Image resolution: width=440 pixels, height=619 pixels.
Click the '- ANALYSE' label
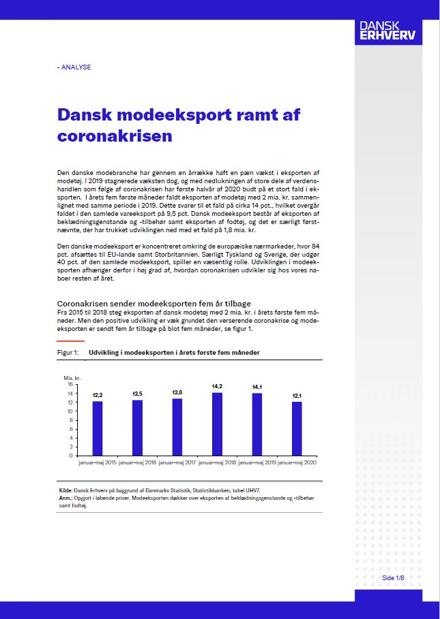74,67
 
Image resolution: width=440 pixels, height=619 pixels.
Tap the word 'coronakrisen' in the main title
115,136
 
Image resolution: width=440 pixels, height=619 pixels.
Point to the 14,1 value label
257,387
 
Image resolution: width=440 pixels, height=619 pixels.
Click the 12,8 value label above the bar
177,392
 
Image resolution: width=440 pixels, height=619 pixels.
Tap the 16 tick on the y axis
70,385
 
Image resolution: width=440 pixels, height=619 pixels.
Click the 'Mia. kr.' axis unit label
72,377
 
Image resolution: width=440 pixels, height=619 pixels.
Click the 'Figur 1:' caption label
68,352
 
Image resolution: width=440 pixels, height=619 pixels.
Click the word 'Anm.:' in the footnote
67,498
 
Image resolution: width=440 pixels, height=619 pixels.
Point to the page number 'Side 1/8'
393,578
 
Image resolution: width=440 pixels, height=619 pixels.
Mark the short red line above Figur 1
71,340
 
